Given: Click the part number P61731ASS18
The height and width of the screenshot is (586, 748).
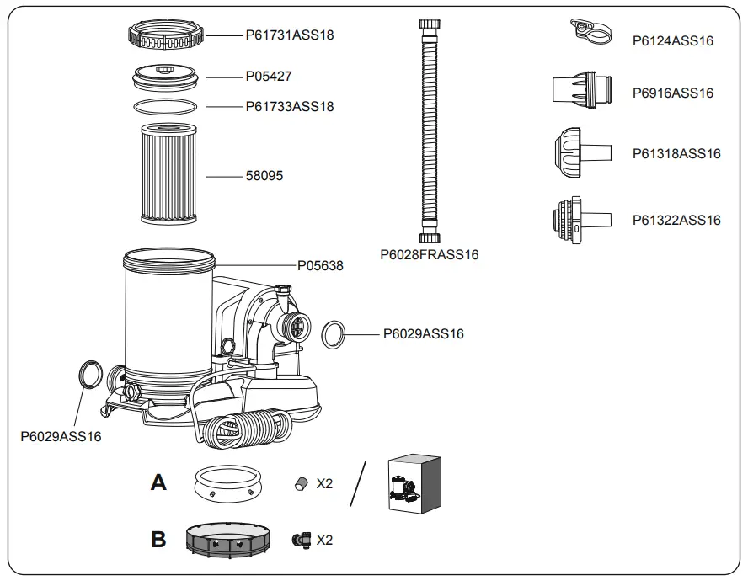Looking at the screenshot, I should click(x=289, y=35).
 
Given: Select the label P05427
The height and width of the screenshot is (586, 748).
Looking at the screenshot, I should click(x=269, y=76).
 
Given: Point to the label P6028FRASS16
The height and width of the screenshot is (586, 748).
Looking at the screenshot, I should click(x=429, y=254).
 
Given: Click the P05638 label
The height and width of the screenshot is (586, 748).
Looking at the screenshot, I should click(x=320, y=265).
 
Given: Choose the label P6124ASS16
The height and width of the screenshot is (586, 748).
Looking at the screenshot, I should click(x=672, y=40).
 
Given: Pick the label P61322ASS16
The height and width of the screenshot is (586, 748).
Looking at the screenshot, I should click(x=676, y=221).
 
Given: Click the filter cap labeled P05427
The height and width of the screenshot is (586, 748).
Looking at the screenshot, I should click(x=166, y=77).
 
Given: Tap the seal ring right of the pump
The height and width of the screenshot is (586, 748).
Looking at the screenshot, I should click(x=334, y=334).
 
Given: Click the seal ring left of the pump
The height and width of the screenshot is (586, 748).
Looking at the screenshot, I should click(x=89, y=373).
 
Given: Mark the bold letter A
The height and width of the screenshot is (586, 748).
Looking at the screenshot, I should click(x=158, y=482).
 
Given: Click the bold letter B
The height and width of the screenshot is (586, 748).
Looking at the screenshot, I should click(x=158, y=540).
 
